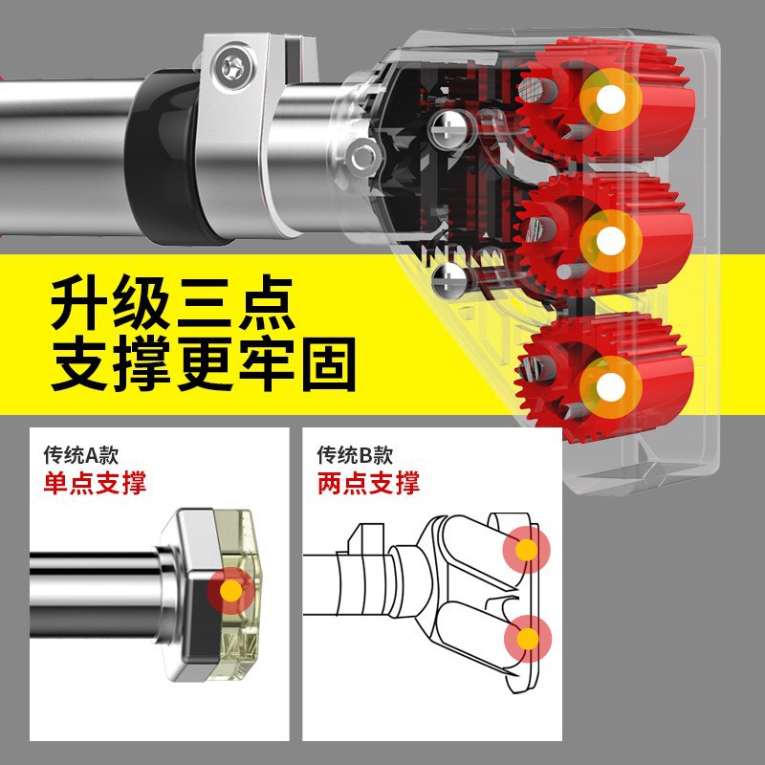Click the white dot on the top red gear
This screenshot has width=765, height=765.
610,99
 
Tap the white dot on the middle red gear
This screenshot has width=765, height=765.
610,241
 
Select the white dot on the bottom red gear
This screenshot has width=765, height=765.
610,387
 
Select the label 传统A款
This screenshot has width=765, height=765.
81,455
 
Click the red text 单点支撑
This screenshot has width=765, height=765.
95,483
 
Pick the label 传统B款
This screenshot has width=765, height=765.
355,455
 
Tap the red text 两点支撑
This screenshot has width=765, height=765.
368,483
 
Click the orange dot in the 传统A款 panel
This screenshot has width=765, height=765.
230,591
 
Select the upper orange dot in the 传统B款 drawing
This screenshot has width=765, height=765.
527,550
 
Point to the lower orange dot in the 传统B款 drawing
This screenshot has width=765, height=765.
528,639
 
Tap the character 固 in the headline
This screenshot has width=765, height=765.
328,364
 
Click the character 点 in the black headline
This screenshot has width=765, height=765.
267,302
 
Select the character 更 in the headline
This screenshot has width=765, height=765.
204,364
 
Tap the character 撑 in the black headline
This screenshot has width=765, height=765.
142,364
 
